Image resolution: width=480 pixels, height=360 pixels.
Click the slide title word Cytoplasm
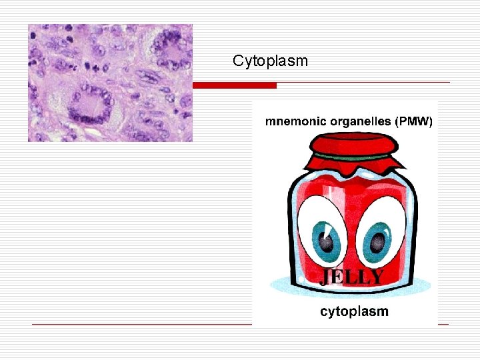(x=270, y=61)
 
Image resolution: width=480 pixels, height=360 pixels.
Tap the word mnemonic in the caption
(x=293, y=121)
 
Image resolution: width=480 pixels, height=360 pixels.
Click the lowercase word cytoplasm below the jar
(x=354, y=311)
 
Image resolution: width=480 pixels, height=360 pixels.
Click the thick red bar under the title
(x=234, y=85)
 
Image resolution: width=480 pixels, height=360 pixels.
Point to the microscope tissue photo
(x=110, y=83)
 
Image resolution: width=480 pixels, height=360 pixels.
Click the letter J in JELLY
(x=326, y=277)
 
